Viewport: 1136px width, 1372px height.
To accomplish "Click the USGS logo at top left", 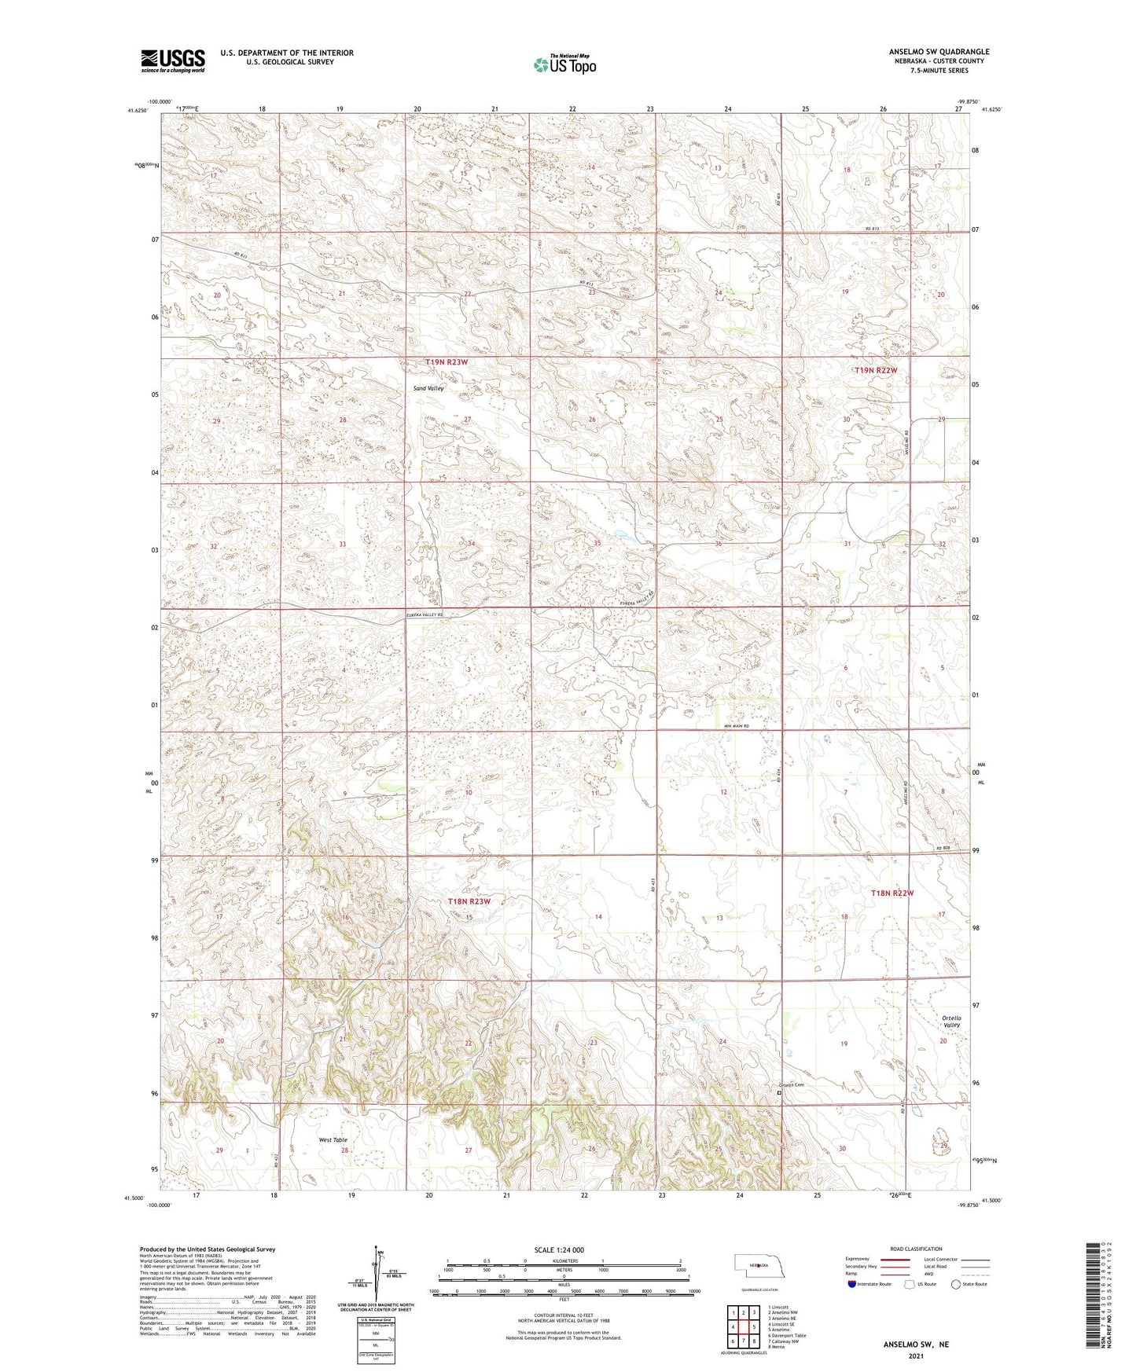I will click(172, 61).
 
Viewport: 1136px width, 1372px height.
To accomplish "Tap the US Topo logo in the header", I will click(564, 64).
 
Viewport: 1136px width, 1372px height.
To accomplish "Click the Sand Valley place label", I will click(429, 388).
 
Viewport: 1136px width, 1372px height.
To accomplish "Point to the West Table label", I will click(333, 1139).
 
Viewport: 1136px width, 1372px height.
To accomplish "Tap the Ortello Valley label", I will click(951, 1022).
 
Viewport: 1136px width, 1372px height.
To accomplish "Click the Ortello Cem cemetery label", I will click(790, 1085).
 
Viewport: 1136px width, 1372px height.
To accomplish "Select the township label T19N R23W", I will click(447, 362).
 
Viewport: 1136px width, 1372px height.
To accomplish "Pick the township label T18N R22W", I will click(892, 893).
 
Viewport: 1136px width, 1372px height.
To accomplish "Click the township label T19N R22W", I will click(876, 370).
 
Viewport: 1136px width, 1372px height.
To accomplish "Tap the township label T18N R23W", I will click(469, 901).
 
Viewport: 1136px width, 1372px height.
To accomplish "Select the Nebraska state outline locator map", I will click(759, 1267).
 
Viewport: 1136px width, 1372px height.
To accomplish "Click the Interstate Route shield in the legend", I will click(853, 1284).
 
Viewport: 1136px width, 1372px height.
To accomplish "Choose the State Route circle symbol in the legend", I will click(956, 1284).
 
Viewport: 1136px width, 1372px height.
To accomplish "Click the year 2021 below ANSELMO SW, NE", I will click(916, 1355).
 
